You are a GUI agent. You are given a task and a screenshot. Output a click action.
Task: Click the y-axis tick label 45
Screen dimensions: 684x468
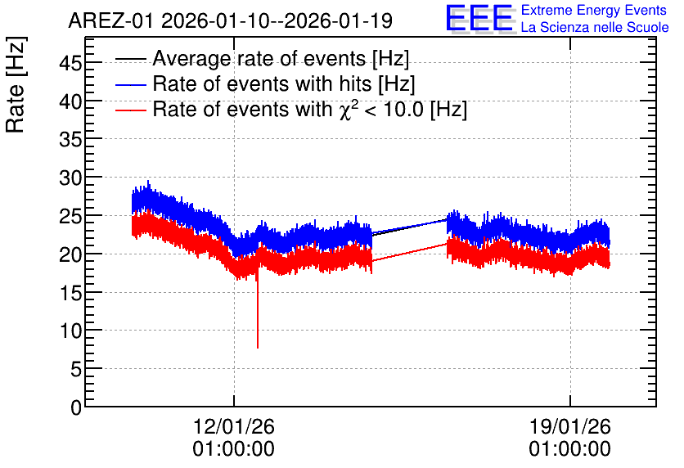(x=70, y=64)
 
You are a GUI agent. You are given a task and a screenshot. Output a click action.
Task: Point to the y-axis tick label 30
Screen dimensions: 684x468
(x=70, y=178)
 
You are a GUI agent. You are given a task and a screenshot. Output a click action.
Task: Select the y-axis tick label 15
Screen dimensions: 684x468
(x=70, y=293)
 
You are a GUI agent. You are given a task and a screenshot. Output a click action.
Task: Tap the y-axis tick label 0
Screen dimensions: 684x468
(x=76, y=407)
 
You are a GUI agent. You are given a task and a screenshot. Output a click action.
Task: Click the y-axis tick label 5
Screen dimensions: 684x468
(x=76, y=370)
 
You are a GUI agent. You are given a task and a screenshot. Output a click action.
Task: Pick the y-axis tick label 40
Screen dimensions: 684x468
(x=70, y=102)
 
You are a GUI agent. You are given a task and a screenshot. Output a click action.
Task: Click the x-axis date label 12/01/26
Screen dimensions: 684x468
(x=234, y=426)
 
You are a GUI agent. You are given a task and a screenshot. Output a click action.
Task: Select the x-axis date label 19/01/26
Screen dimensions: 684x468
(x=570, y=426)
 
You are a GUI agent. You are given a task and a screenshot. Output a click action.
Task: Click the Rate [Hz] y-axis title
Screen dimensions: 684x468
(x=16, y=84)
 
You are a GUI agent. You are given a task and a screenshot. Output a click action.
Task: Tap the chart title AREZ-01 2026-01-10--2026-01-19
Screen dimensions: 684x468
(x=231, y=20)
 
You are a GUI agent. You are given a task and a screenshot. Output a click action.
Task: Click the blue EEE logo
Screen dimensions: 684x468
(x=479, y=18)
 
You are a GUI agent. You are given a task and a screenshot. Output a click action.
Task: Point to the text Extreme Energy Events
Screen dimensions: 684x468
(x=594, y=10)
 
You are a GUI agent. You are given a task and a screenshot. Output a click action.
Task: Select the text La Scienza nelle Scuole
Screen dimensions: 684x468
(x=595, y=28)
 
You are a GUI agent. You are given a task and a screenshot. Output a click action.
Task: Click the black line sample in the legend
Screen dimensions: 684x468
(x=130, y=59)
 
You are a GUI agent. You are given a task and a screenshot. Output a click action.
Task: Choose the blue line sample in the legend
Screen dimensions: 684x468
(x=130, y=84)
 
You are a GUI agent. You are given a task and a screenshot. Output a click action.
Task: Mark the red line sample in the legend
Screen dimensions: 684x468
(x=130, y=110)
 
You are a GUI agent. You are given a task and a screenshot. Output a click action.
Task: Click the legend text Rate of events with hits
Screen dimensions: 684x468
(x=262, y=83)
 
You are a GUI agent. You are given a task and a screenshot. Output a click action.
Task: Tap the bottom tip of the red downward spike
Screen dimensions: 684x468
(x=258, y=348)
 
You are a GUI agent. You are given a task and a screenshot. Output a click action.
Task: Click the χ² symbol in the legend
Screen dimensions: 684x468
(x=346, y=110)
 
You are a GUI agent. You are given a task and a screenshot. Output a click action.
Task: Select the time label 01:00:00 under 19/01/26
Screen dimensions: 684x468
(x=570, y=449)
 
